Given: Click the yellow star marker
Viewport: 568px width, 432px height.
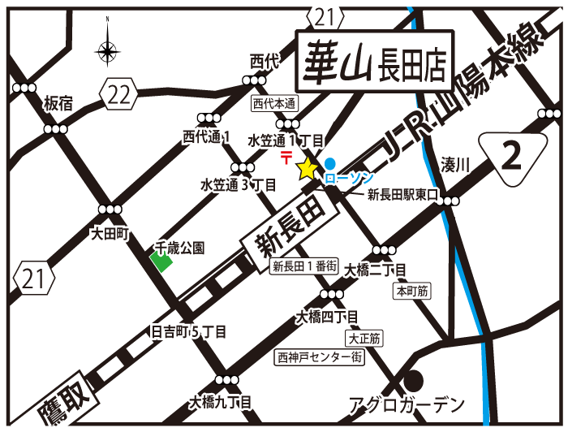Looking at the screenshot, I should pyautogui.click(x=307, y=169).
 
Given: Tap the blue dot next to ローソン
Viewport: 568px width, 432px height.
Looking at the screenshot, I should pyautogui.click(x=329, y=162).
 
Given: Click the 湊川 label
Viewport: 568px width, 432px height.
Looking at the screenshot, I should pyautogui.click(x=455, y=165).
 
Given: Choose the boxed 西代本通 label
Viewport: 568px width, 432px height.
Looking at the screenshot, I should pyautogui.click(x=274, y=103).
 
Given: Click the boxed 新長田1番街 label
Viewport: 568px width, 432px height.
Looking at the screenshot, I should pyautogui.click(x=304, y=266).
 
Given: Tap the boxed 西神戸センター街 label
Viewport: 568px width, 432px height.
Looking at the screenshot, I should pyautogui.click(x=318, y=356).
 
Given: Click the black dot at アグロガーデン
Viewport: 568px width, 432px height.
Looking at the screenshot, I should pyautogui.click(x=414, y=380).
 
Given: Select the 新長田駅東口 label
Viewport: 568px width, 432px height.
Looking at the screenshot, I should pyautogui.click(x=402, y=195).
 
